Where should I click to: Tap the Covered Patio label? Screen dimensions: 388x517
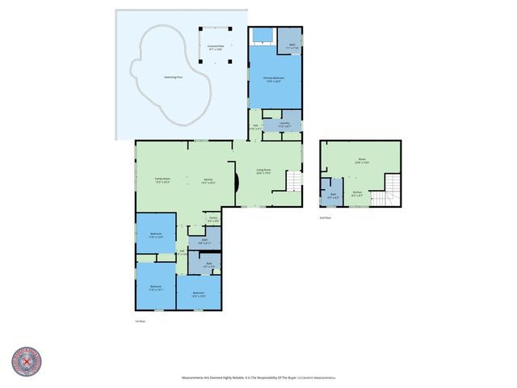216,48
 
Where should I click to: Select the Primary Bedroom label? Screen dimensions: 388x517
274,80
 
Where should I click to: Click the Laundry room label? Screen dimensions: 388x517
284,125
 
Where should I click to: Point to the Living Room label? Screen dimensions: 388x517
264,171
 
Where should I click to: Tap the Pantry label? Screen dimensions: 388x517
213,220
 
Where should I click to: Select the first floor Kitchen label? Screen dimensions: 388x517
208,181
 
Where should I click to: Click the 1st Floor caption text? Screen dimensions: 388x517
140,321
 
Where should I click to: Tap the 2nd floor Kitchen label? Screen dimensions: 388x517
356,194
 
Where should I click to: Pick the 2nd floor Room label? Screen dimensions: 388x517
362,161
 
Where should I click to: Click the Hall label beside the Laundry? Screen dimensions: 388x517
254,126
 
